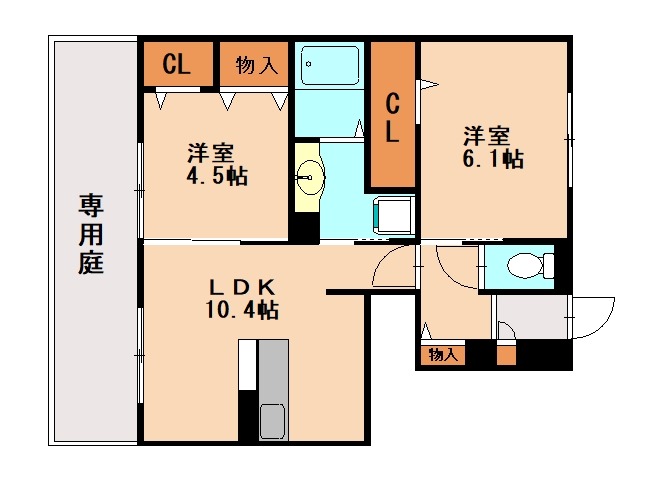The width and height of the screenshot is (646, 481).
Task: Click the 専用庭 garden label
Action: point(91,235)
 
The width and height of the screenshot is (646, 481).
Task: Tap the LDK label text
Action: point(242,288)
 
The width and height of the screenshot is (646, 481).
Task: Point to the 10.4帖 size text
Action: point(242,310)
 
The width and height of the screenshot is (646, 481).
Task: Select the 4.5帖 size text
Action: point(217,176)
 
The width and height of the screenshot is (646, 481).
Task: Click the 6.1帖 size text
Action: point(493,159)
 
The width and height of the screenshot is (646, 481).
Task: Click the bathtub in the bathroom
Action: point(330,65)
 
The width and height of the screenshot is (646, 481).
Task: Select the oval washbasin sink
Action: point(310,177)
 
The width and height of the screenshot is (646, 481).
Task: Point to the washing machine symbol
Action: point(393,216)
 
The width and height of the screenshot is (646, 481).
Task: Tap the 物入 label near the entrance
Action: point(443,354)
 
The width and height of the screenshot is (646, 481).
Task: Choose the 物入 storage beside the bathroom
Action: point(254,64)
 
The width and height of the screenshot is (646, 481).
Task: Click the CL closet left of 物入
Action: point(178,64)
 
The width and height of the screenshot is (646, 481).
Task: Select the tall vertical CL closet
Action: point(393,114)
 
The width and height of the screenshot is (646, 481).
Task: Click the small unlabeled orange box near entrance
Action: point(506,356)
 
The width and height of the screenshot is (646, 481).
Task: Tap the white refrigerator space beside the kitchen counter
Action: point(248,365)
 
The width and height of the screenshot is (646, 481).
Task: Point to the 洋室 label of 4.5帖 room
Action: point(211,153)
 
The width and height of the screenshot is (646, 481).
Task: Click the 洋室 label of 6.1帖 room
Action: point(487,136)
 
